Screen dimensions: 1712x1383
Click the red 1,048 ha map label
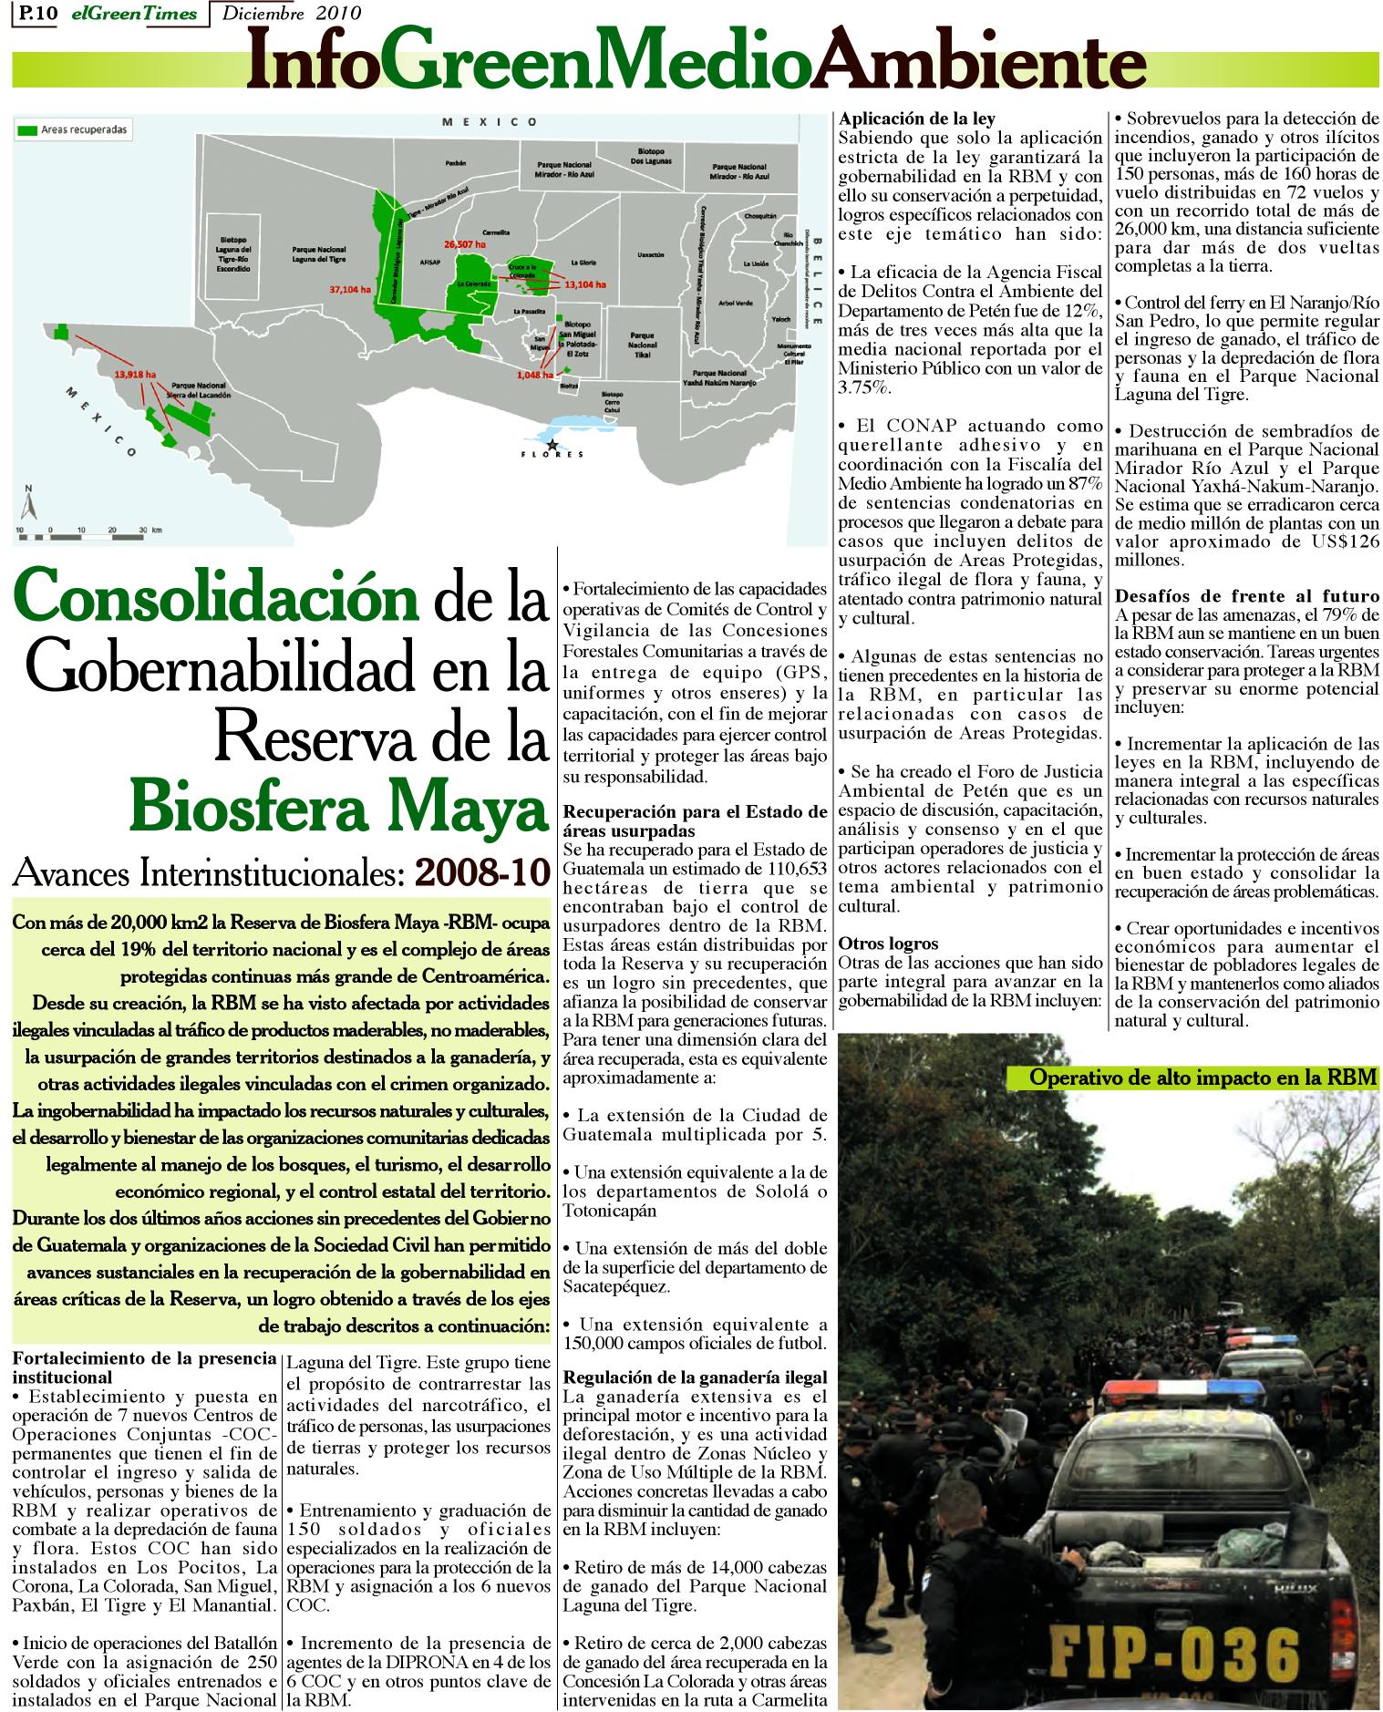[x=534, y=375]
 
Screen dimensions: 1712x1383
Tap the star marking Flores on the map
[x=551, y=443]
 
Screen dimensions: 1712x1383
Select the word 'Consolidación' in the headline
[x=211, y=599]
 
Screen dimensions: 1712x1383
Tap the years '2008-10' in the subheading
[x=482, y=871]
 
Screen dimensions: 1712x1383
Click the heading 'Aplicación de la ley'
[x=916, y=119]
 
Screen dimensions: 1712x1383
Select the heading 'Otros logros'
[x=888, y=943]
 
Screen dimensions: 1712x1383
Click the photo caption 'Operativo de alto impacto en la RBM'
[x=1202, y=1077]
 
